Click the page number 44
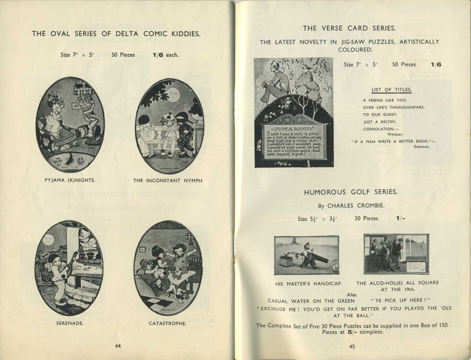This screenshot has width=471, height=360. [x=118, y=346]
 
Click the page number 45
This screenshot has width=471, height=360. [x=352, y=346]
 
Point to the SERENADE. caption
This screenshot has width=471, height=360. [x=69, y=323]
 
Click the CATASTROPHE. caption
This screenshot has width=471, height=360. [x=168, y=323]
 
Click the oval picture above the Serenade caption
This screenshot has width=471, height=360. [x=69, y=267]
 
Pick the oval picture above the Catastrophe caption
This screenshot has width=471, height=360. [x=167, y=267]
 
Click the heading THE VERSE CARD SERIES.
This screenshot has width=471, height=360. [x=349, y=28]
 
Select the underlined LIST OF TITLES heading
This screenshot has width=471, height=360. [x=391, y=89]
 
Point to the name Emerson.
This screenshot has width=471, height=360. [x=421, y=147]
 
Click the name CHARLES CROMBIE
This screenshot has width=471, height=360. [x=357, y=206]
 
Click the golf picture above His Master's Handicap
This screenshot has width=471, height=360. [x=306, y=255]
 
